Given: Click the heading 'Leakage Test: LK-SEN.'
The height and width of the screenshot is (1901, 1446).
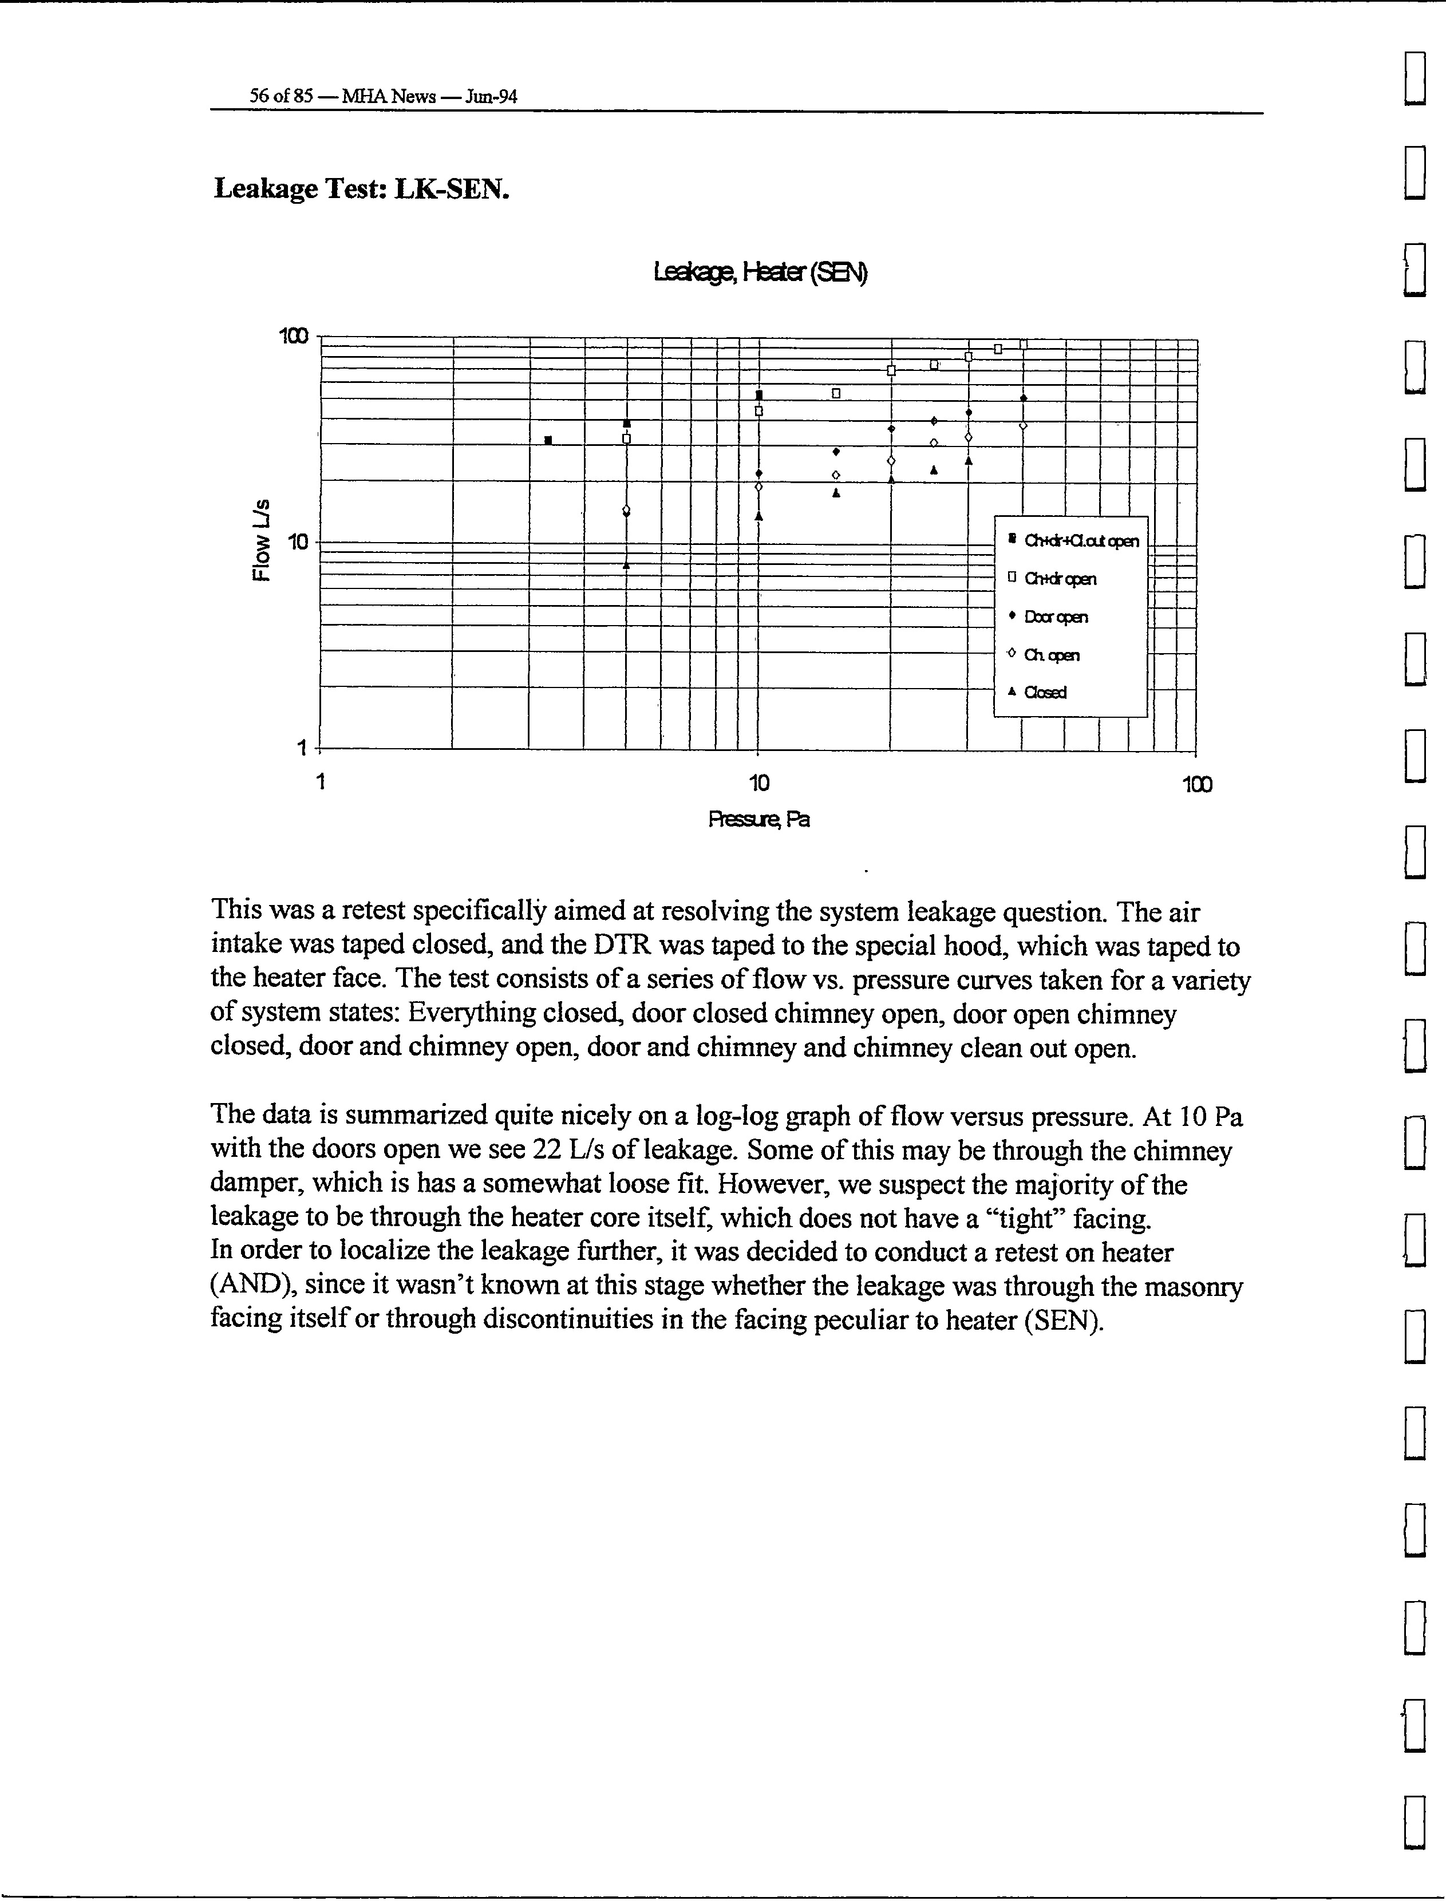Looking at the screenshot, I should pos(362,188).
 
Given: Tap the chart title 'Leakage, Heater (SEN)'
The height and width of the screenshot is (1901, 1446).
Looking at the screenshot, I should pos(760,273).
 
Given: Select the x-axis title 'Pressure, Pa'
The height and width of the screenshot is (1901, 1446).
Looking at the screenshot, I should pos(758,819).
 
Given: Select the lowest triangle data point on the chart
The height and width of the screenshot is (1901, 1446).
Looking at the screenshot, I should pos(627,566).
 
